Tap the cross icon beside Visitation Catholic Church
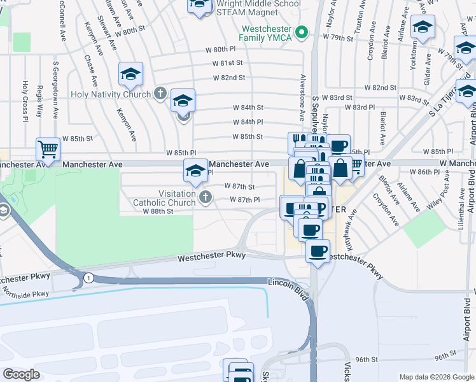point(205,198)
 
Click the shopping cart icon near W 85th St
point(48,150)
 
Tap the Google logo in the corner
point(22,374)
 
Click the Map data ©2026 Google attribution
point(436,377)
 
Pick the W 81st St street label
point(232,63)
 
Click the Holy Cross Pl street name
point(25,101)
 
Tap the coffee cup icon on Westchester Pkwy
point(318,250)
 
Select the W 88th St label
point(158,211)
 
